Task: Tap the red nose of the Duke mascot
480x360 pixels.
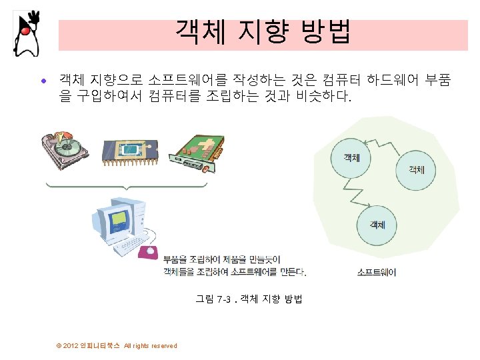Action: [x=25, y=30]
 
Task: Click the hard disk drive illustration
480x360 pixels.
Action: [x=66, y=147]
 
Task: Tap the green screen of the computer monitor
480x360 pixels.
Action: [x=121, y=217]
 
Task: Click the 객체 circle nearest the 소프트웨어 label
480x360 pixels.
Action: [x=377, y=225]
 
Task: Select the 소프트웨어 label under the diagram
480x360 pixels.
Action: [x=377, y=272]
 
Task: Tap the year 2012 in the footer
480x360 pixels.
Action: [x=70, y=345]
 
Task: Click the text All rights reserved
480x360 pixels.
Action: [x=151, y=345]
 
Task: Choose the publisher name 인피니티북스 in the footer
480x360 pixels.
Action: [x=100, y=345]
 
